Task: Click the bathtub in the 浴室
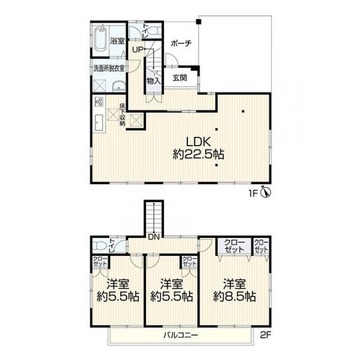tap(101, 39)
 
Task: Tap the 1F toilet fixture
tap(154, 31)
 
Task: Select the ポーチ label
tap(181, 43)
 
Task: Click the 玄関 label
tap(180, 78)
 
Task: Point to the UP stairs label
tap(138, 49)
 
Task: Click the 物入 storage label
tap(154, 81)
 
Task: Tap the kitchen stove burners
tap(100, 101)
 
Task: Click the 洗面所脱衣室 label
tap(109, 68)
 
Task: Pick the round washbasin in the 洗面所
tap(119, 86)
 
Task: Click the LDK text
tap(199, 142)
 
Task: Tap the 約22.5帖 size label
tap(199, 154)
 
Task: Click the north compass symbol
tap(266, 192)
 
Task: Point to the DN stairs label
tap(154, 237)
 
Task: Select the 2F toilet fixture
tap(100, 246)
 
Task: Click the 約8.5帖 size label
tap(235, 296)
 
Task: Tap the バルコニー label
tap(181, 335)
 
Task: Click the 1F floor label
tap(254, 193)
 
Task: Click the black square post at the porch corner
tap(199, 22)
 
